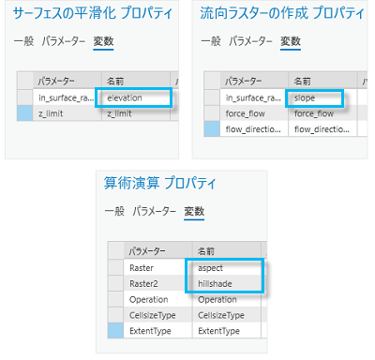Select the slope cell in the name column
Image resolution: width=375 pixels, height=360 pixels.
point(314,97)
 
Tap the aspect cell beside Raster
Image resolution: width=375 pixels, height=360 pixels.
point(223,267)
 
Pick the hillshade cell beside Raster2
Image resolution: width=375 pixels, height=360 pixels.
point(223,283)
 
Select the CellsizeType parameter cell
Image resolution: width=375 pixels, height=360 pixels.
point(153,315)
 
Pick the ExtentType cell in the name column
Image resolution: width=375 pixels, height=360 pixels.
point(223,331)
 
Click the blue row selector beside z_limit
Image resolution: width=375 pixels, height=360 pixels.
point(26,112)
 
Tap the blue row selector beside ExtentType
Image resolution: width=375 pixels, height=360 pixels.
point(116,331)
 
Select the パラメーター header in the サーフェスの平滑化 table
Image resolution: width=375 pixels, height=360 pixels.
point(64,81)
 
